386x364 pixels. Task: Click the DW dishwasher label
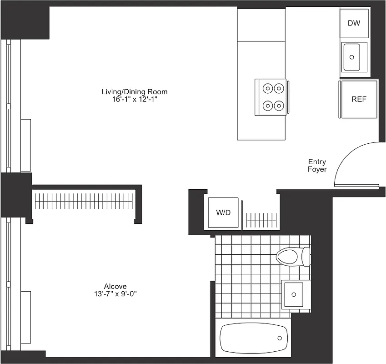(354, 23)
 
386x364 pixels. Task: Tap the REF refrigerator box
(359, 99)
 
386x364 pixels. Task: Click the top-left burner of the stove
(267, 88)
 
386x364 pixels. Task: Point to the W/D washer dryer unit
(223, 212)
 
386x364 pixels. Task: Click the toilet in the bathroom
(289, 256)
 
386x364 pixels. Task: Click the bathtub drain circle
(281, 338)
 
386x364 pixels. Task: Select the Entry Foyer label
(317, 166)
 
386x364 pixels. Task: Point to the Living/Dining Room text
(134, 92)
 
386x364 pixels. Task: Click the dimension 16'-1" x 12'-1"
(134, 99)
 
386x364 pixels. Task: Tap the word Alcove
(115, 286)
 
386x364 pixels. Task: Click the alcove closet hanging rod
(85, 201)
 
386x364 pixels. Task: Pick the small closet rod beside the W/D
(261, 220)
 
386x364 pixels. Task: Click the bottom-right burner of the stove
(278, 106)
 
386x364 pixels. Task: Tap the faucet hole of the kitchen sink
(351, 57)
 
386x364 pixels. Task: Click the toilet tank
(306, 256)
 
